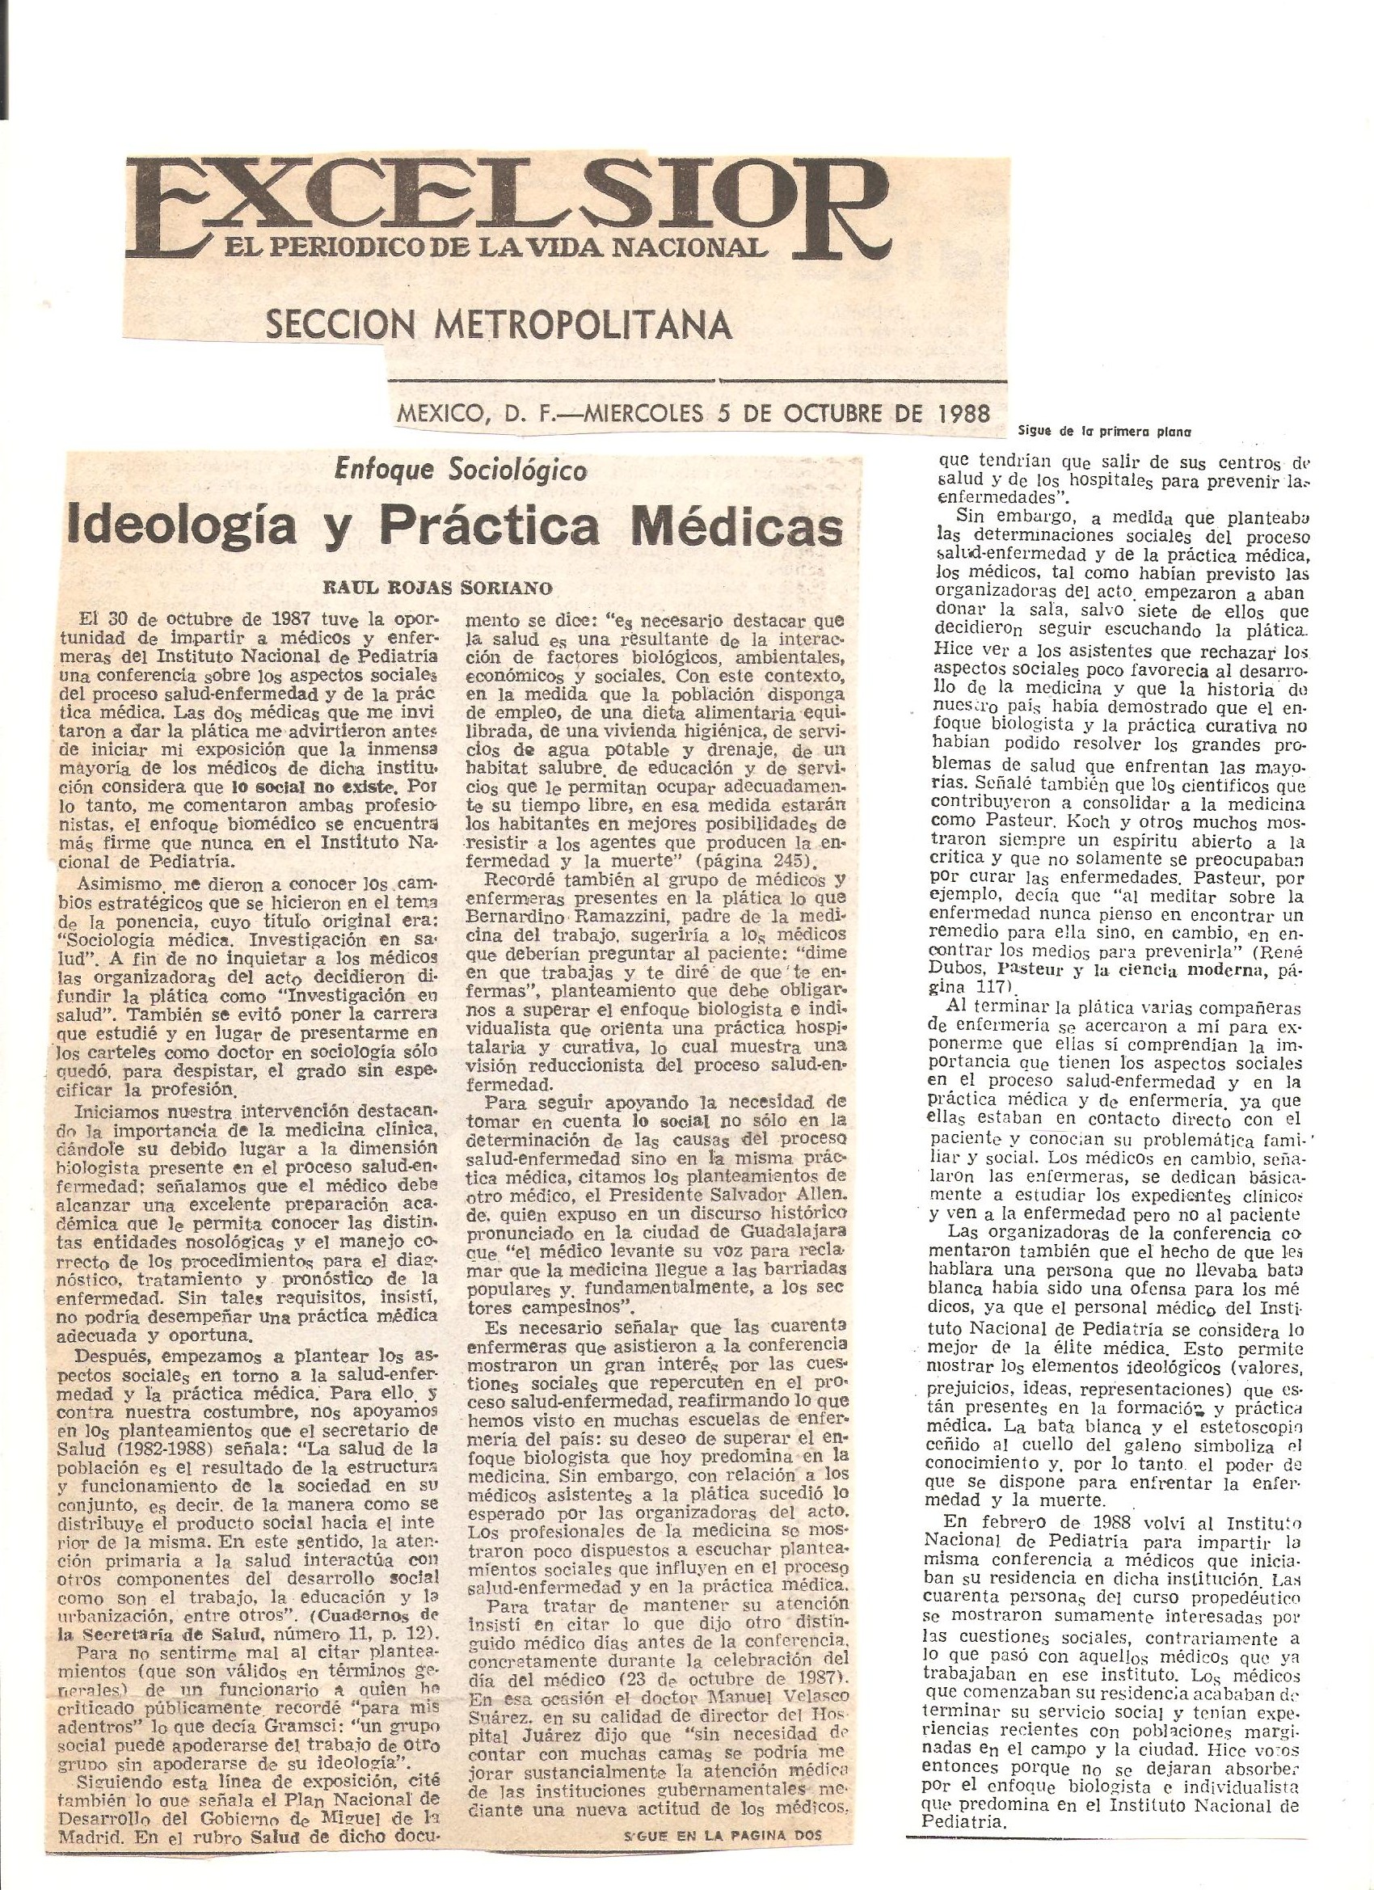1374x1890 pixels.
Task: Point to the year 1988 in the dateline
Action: point(960,412)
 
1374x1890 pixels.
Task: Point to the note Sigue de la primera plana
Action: point(1103,432)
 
